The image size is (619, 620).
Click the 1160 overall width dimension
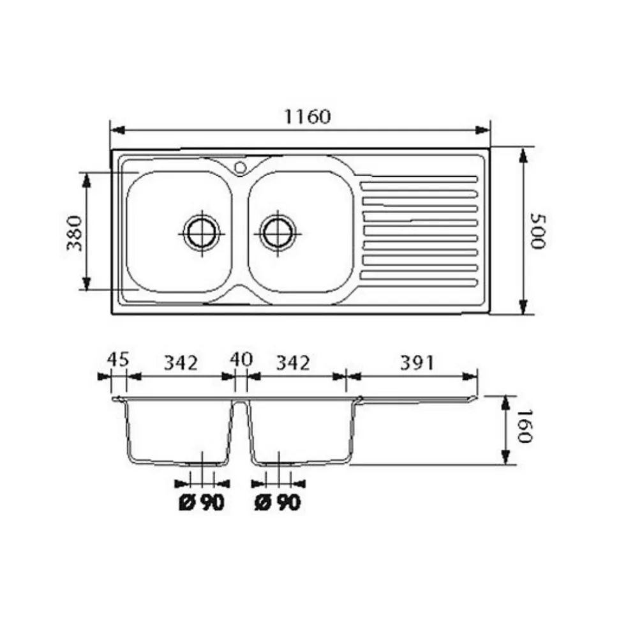[x=307, y=117]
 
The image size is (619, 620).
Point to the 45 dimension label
[x=118, y=359]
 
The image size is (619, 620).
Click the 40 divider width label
[x=241, y=359]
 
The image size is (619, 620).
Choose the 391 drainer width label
[x=417, y=363]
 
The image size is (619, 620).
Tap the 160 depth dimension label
[x=526, y=426]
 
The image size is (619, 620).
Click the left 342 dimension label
[x=181, y=363]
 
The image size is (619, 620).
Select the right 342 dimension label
[x=293, y=363]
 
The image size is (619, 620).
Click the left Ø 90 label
[x=202, y=503]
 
